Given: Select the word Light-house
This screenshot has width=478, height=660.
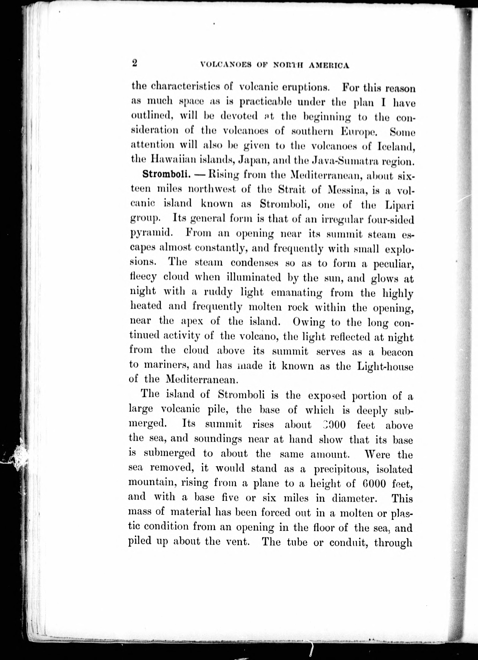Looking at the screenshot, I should (385, 367).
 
